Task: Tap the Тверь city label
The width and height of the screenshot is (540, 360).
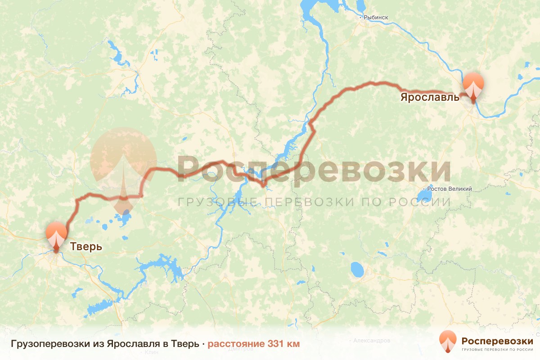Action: point(85,247)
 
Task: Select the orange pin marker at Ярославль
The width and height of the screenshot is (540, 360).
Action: point(473,85)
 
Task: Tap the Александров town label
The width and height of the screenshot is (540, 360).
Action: point(371,341)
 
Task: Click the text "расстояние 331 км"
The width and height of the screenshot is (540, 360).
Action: point(253,344)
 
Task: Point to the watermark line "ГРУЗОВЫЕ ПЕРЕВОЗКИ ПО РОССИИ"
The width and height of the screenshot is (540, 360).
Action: point(314,202)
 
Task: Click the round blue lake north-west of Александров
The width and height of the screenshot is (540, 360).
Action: point(357,270)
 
